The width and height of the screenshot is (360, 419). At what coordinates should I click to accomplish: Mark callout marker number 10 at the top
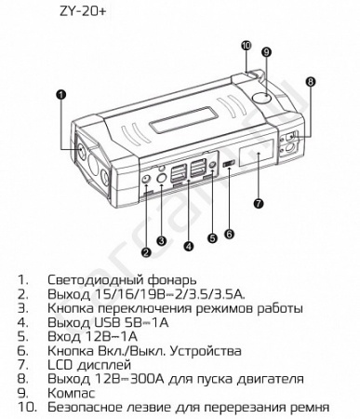246,44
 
